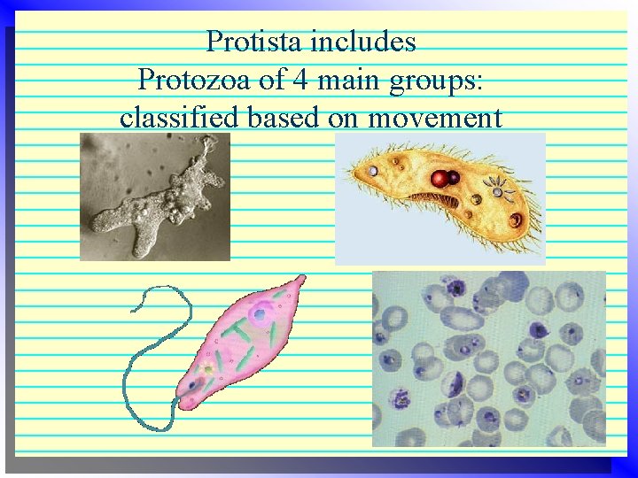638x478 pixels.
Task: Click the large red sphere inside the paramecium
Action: tap(440, 180)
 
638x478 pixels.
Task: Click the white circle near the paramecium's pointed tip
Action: tap(373, 171)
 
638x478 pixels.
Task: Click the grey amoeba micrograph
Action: tap(155, 197)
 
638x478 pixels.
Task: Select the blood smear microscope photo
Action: tap(488, 358)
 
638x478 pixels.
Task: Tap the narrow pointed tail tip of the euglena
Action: tap(301, 278)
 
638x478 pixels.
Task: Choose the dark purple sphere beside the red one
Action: tap(454, 178)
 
